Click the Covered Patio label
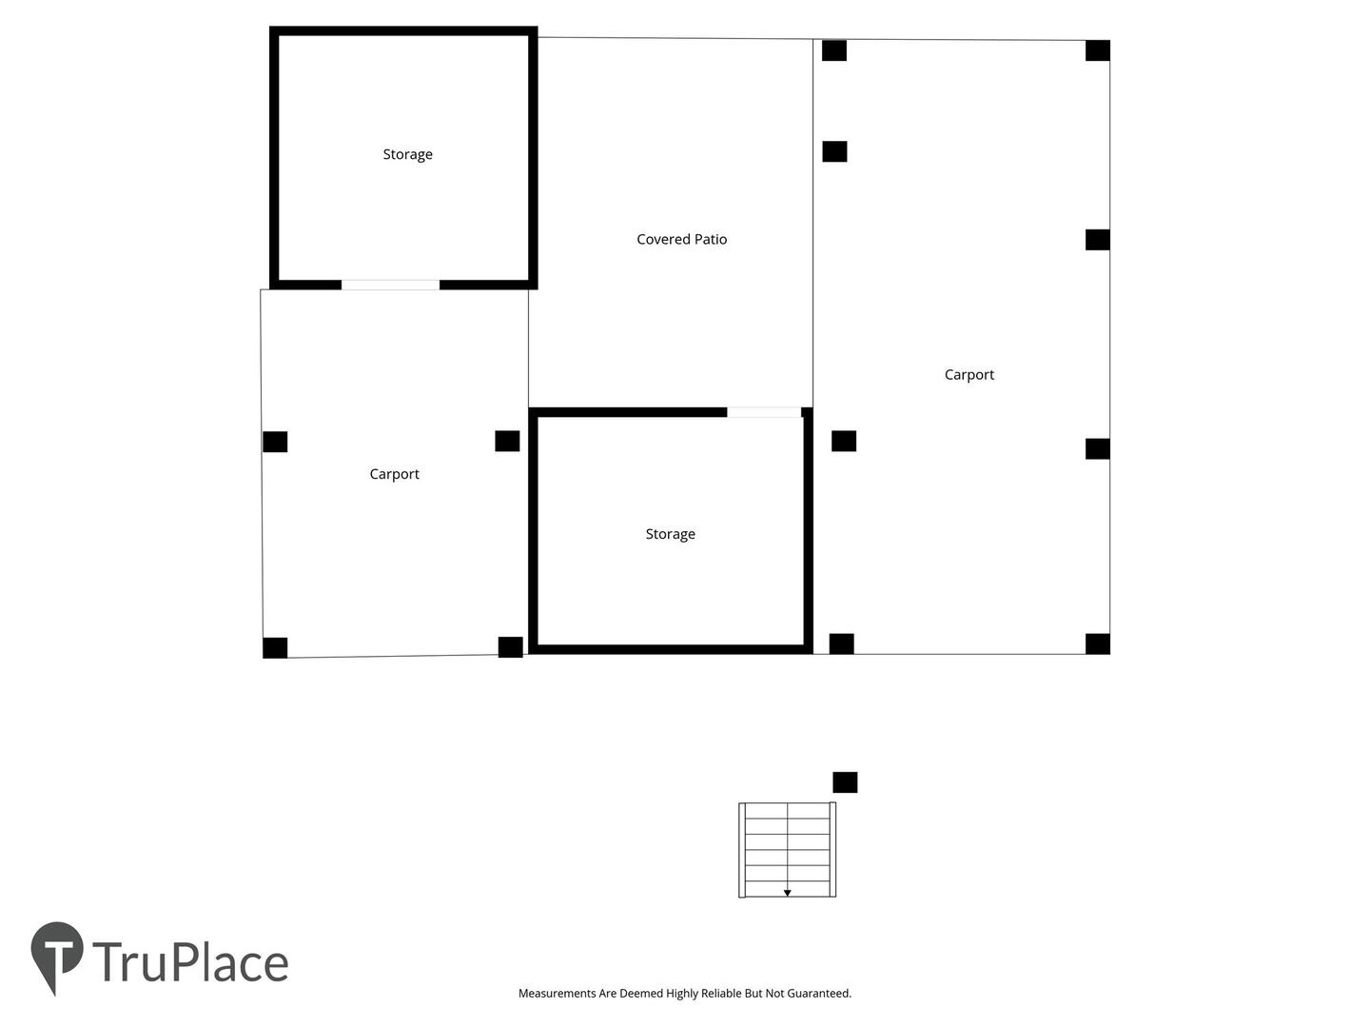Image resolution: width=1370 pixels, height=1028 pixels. click(681, 239)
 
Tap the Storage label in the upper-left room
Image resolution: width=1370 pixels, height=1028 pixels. click(407, 155)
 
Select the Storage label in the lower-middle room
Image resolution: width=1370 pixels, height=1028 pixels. click(671, 534)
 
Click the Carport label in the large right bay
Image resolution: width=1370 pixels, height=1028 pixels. click(969, 374)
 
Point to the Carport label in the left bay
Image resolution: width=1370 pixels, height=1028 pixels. click(395, 474)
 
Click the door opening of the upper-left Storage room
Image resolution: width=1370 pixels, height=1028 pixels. click(390, 286)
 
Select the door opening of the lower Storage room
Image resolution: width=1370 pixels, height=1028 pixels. click(764, 412)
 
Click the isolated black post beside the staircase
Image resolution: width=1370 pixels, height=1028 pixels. click(845, 782)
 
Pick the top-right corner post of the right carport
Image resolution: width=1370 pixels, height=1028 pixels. click(1098, 50)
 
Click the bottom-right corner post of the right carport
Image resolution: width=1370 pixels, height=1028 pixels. click(1098, 644)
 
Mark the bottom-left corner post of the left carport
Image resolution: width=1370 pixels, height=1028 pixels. click(275, 648)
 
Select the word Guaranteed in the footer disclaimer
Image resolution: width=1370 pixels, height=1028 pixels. click(818, 994)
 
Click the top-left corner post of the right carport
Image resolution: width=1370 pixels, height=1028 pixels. click(834, 50)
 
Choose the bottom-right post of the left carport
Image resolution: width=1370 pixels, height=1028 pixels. click(511, 647)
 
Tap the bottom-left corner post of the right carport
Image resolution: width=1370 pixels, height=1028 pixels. click(841, 644)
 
